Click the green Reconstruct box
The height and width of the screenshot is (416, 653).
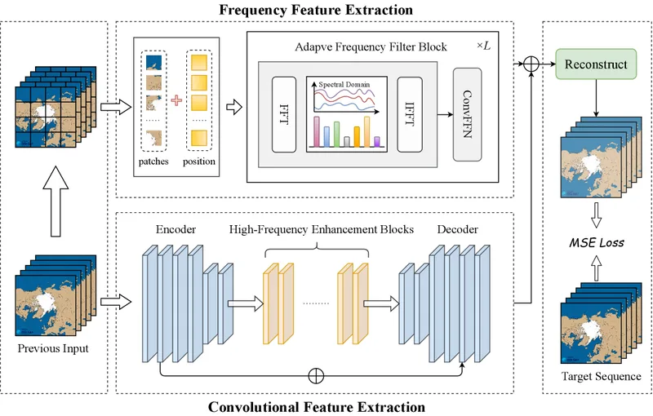(x=596, y=64)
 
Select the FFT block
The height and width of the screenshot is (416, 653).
(x=284, y=114)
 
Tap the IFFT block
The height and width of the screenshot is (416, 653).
(x=410, y=114)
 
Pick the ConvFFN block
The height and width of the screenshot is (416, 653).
(x=467, y=114)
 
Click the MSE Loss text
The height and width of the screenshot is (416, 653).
(x=597, y=242)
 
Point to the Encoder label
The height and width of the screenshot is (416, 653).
(x=175, y=229)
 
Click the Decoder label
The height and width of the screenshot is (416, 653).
(x=458, y=229)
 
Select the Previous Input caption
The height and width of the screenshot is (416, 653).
(x=53, y=348)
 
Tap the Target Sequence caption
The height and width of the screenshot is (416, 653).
(x=601, y=377)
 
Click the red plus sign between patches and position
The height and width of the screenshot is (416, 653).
(x=176, y=100)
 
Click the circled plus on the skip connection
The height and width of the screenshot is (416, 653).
(x=316, y=376)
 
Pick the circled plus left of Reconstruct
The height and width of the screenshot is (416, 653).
(x=531, y=64)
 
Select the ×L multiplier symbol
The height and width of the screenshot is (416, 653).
(x=483, y=46)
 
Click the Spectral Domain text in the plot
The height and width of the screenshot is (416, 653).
(x=344, y=85)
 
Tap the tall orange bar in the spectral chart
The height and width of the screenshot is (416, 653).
(x=366, y=131)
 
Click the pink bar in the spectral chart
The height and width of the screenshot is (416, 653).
(x=317, y=131)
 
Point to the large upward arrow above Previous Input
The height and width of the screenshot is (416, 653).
(x=56, y=201)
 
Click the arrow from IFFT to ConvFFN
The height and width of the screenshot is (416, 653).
(x=445, y=114)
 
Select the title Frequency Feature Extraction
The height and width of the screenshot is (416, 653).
(x=316, y=10)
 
